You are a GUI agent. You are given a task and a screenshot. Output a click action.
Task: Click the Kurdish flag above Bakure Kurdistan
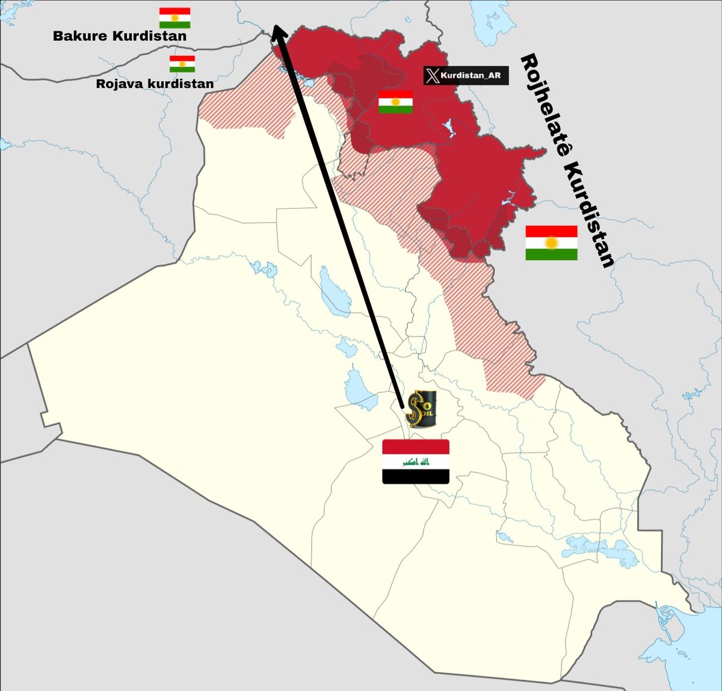point(175,18)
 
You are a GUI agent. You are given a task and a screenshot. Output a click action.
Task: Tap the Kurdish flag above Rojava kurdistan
point(182,64)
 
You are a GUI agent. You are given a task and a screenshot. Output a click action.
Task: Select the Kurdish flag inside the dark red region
point(395,102)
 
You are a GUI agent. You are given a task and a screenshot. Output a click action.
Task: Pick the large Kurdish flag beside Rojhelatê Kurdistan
point(551,243)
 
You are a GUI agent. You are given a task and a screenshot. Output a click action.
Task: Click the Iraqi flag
point(416,462)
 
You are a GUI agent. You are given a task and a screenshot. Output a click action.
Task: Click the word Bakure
point(82,36)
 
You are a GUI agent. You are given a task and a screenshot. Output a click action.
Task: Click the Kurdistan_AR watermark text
point(471,76)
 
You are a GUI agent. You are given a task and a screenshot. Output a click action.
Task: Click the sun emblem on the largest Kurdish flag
point(552,243)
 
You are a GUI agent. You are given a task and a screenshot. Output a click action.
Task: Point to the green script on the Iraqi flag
point(416,462)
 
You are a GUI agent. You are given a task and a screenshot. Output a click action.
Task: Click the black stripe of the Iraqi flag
point(416,477)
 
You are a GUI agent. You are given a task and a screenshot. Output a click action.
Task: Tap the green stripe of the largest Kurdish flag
point(551,255)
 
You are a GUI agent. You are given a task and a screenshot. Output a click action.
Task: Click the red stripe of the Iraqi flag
point(416,447)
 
